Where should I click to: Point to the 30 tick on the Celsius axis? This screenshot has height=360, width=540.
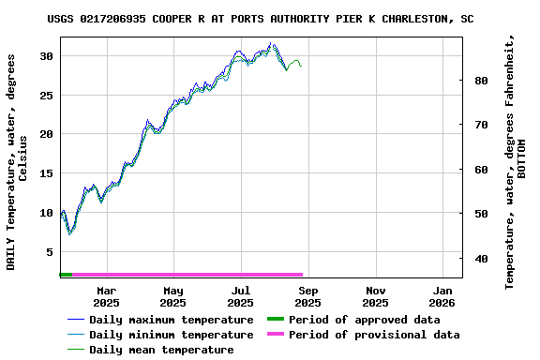point(46,56)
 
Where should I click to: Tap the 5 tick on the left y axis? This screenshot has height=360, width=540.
point(49,251)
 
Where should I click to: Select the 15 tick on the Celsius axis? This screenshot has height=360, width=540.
point(46,173)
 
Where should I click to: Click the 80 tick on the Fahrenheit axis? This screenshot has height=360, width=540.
point(480,81)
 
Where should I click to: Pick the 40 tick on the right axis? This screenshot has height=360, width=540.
point(480,259)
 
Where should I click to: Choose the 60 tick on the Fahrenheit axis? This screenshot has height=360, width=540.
point(480,170)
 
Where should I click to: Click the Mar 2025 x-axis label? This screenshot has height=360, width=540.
point(106,296)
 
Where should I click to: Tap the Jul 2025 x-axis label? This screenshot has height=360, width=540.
point(241,296)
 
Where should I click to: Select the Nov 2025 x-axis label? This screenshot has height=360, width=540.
point(375,296)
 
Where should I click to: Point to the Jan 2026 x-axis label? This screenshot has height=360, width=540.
point(442,296)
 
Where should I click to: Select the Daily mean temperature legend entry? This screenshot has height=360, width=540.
point(161,350)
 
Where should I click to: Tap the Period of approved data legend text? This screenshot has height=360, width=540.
point(365,320)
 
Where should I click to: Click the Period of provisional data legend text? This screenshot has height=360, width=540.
point(374,335)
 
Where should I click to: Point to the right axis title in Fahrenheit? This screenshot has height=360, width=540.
point(516,161)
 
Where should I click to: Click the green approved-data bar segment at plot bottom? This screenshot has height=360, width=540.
point(66,275)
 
